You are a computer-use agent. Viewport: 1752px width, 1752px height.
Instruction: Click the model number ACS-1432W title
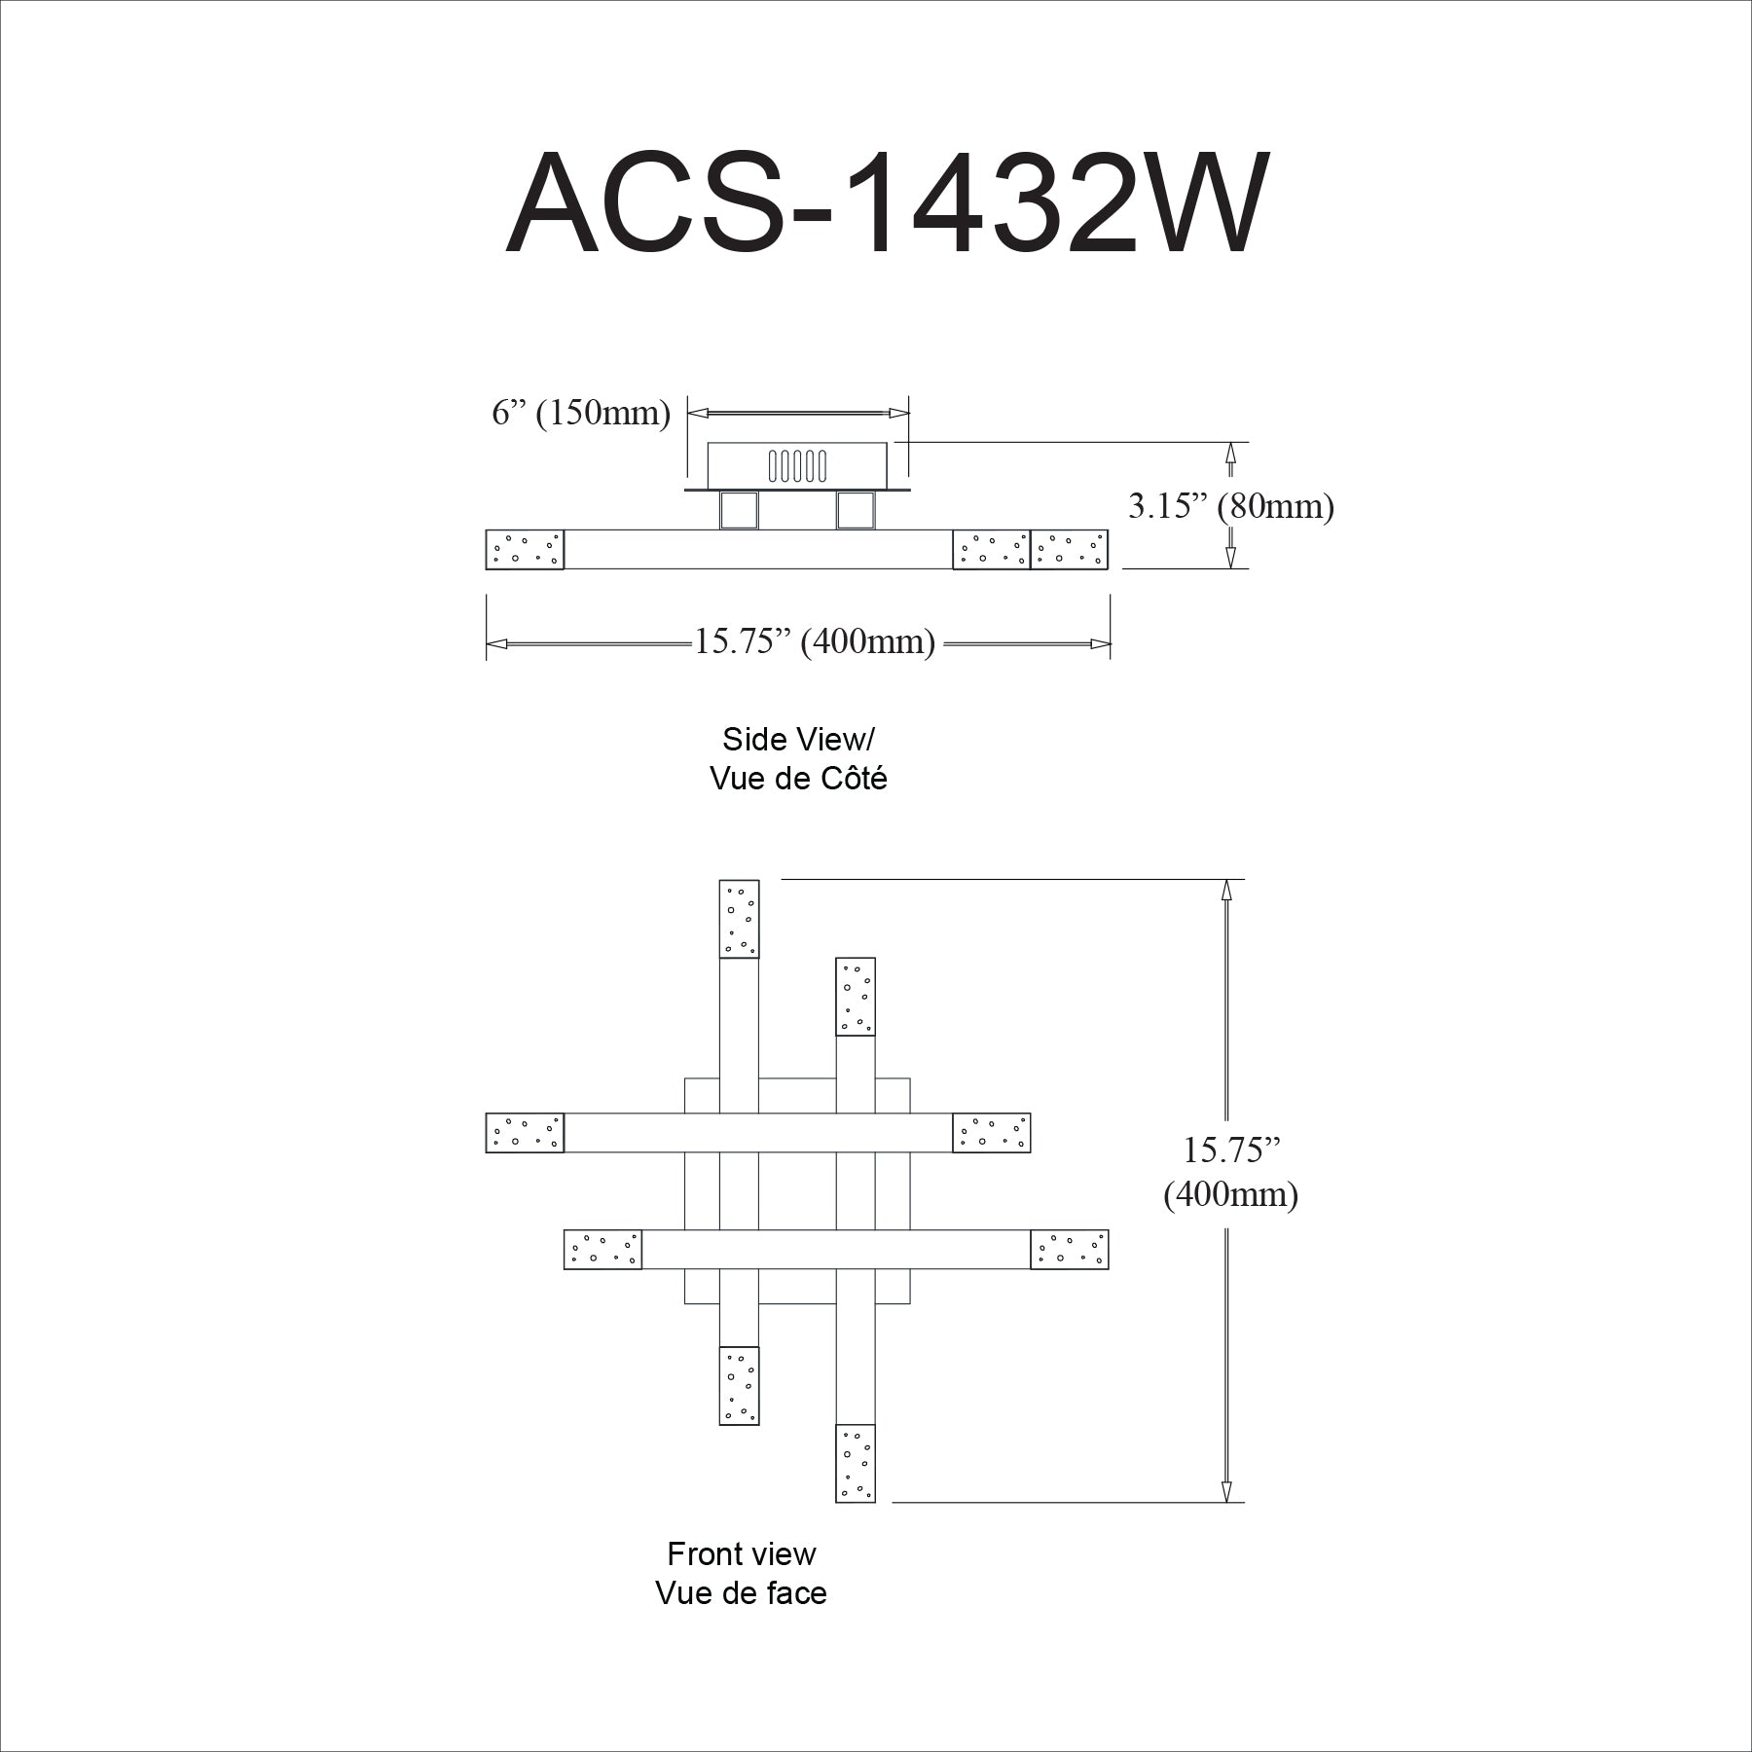coord(887,201)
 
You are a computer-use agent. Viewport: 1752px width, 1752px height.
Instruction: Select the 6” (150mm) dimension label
coord(581,413)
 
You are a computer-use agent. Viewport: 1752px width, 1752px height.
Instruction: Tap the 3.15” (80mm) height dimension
coord(1231,505)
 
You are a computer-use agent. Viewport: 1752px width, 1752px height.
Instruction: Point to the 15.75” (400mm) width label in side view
coord(815,641)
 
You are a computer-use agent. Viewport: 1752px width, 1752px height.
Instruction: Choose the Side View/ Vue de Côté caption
coord(798,759)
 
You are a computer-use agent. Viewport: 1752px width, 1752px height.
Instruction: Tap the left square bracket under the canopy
coord(739,510)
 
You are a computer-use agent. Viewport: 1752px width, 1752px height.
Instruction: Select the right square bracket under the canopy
coord(856,510)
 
